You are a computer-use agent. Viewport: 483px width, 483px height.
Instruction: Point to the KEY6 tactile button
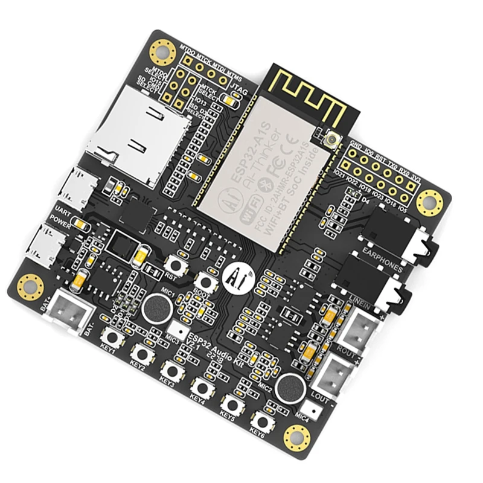click(x=261, y=420)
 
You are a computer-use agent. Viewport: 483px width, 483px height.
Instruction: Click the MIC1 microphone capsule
click(x=155, y=310)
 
